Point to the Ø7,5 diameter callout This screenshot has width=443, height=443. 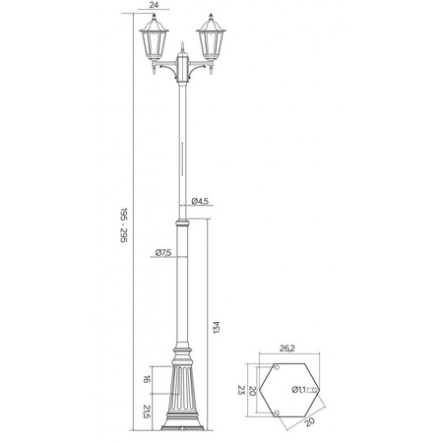(163, 253)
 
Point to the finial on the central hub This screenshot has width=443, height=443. (184, 45)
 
